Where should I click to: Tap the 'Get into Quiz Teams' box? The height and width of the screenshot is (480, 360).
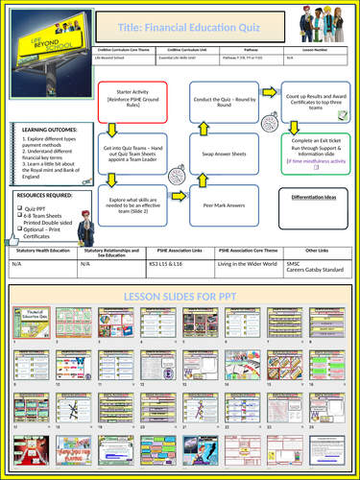(x=135, y=153)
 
